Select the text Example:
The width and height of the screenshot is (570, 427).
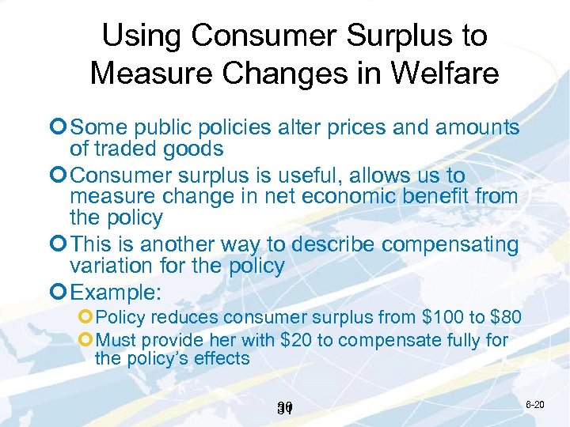pos(116,292)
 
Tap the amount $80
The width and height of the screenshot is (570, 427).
pos(506,318)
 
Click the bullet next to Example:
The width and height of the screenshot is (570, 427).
pos(59,292)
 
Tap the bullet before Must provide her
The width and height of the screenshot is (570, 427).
pos(86,340)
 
